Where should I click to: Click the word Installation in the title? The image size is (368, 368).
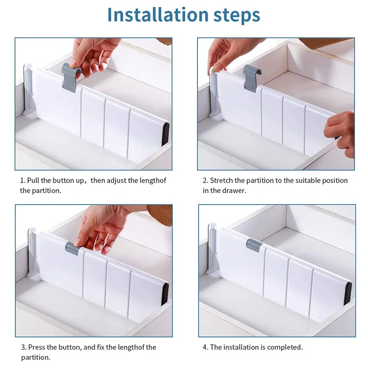[x=158, y=15]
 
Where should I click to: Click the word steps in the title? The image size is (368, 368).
[x=237, y=16]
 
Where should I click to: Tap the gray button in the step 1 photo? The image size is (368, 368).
[x=71, y=77]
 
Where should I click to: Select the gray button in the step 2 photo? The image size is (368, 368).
[x=252, y=78]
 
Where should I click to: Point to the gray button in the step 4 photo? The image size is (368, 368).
[x=255, y=245]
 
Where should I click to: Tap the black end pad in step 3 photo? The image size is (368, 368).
[x=165, y=294]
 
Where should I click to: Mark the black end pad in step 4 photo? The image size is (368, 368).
[x=348, y=293]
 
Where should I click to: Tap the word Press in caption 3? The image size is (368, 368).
[x=37, y=347]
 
